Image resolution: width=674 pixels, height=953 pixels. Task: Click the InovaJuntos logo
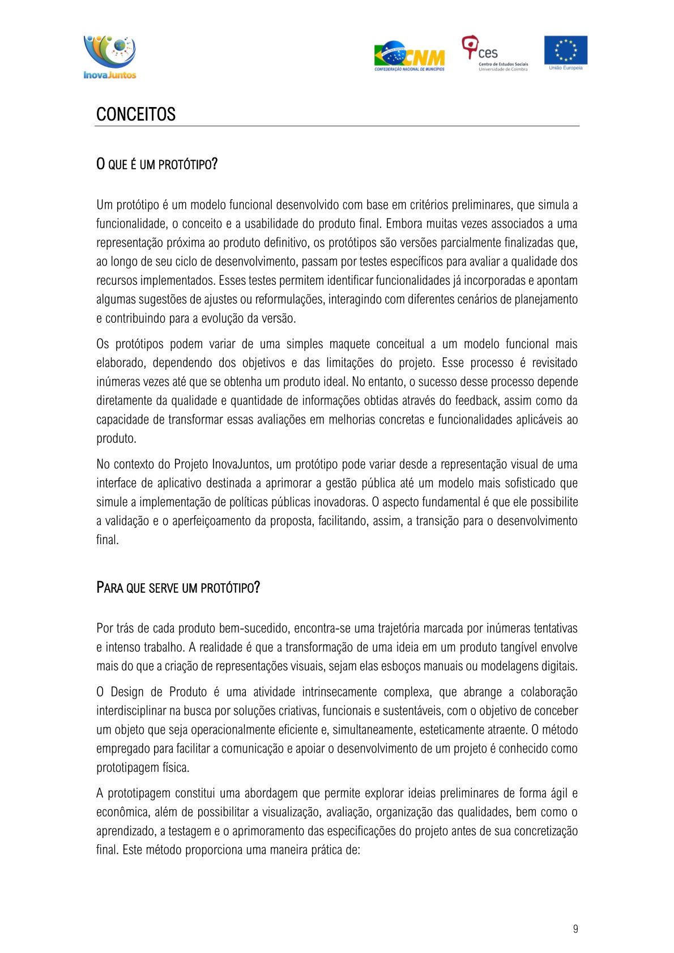(x=110, y=57)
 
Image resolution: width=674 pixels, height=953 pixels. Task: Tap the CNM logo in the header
(x=409, y=56)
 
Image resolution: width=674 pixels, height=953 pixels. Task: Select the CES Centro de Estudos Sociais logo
(x=494, y=54)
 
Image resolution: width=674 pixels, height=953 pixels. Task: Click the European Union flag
(x=565, y=52)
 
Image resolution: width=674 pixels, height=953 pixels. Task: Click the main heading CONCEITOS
(x=136, y=114)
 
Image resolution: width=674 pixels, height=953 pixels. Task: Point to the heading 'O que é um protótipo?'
(x=157, y=165)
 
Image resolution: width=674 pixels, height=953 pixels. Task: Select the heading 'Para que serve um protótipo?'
(x=178, y=588)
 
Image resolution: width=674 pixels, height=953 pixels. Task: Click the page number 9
(x=575, y=929)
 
